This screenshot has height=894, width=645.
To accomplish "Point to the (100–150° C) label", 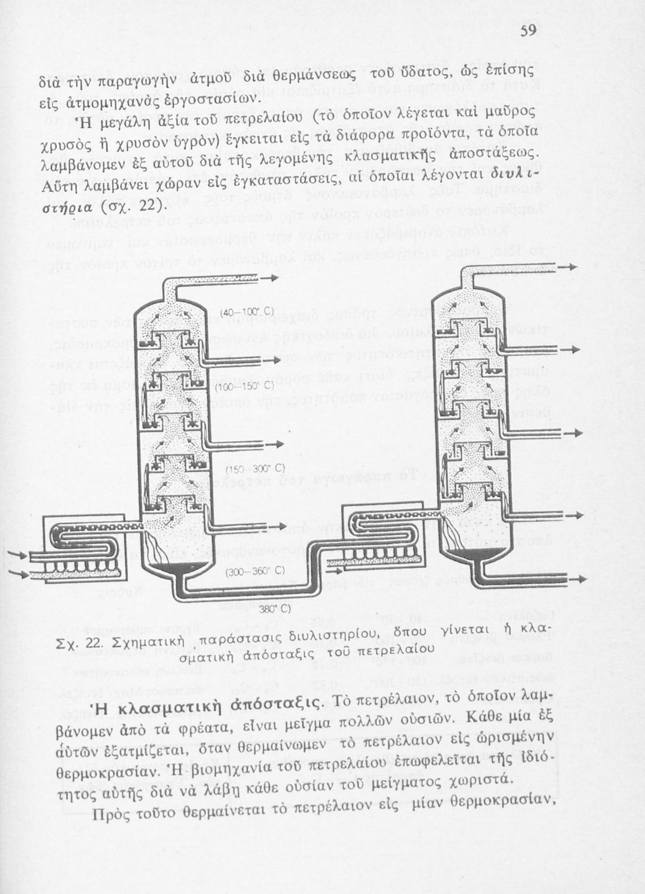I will [245, 387].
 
